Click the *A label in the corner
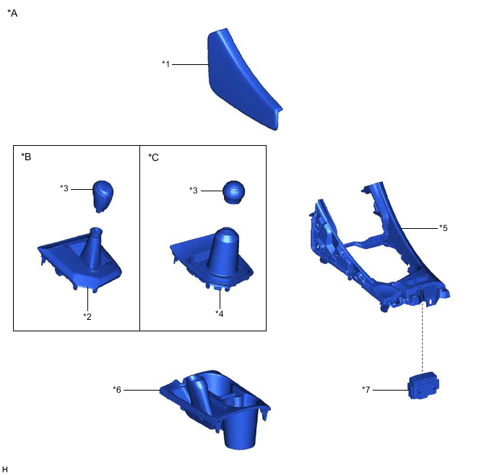(x=12, y=13)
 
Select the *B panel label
(x=26, y=157)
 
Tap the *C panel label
(x=153, y=157)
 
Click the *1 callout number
(x=166, y=64)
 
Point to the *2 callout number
(x=87, y=316)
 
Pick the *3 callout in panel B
(x=64, y=188)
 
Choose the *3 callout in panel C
(x=194, y=190)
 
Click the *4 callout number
(x=220, y=313)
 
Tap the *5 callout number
(x=444, y=227)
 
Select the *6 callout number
(x=117, y=389)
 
